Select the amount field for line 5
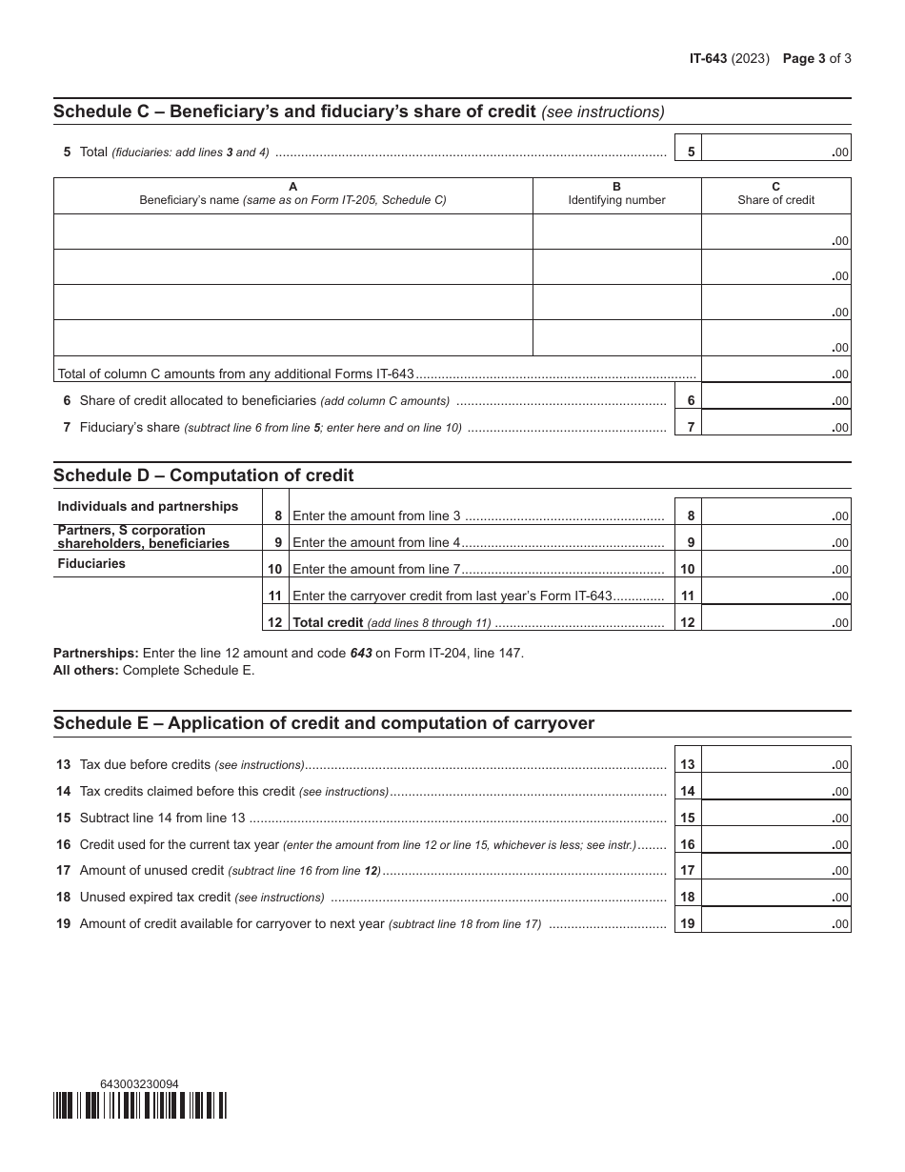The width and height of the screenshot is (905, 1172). pyautogui.click(x=775, y=152)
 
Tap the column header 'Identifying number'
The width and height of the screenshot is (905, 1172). pyautogui.click(x=616, y=200)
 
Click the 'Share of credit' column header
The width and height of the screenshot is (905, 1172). pyautogui.click(x=775, y=200)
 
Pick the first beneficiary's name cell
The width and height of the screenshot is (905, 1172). pyautogui.click(x=292, y=232)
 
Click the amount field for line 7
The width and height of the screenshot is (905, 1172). pyautogui.click(x=775, y=427)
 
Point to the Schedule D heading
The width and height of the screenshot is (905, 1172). pyautogui.click(x=203, y=475)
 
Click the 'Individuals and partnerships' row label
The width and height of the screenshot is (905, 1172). pyautogui.click(x=148, y=506)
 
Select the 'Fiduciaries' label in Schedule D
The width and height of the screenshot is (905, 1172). pyautogui.click(x=91, y=563)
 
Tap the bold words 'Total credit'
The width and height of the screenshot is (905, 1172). pyautogui.click(x=328, y=623)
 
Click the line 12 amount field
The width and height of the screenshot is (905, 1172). pyautogui.click(x=775, y=622)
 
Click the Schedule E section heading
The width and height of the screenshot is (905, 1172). pyautogui.click(x=323, y=723)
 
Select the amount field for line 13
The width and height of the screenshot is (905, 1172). pyautogui.click(x=775, y=764)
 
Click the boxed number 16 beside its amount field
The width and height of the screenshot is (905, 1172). pyautogui.click(x=688, y=844)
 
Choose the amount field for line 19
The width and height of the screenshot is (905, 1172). pyautogui.click(x=775, y=922)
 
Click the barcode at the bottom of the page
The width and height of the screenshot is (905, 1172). pyautogui.click(x=140, y=1105)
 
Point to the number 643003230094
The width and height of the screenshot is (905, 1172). pyautogui.click(x=139, y=1083)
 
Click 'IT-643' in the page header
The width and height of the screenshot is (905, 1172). pyautogui.click(x=708, y=58)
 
